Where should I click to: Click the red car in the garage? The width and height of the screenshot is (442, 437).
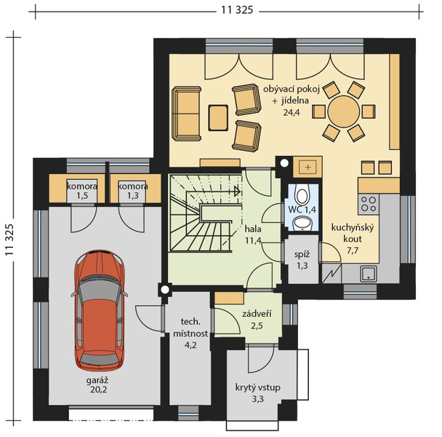99,310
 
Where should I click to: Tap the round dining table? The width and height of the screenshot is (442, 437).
344,111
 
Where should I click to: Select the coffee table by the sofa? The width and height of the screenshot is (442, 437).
218,118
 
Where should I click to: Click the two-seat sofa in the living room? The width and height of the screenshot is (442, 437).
186,114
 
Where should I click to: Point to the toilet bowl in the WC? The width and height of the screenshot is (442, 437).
302,195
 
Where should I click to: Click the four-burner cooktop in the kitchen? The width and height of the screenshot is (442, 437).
369,204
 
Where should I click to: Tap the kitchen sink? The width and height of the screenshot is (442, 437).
369,273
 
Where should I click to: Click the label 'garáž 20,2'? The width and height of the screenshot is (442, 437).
97,385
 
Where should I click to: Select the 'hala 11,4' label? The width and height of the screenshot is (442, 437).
253,235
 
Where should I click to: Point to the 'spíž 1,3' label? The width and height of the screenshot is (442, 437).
302,260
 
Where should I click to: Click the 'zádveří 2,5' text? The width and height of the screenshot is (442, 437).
257,320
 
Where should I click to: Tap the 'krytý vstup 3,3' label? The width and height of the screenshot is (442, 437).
257,393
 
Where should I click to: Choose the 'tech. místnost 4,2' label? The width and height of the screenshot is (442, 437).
190,334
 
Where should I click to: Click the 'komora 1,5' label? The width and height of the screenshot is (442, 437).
82,191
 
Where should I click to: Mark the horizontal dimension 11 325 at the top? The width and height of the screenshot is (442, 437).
237,10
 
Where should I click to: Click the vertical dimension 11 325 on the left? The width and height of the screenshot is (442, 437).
9,240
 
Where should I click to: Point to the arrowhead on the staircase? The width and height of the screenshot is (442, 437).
237,192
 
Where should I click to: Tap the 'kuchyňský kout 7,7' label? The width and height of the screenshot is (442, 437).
353,239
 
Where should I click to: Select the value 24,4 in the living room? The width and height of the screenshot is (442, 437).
292,113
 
